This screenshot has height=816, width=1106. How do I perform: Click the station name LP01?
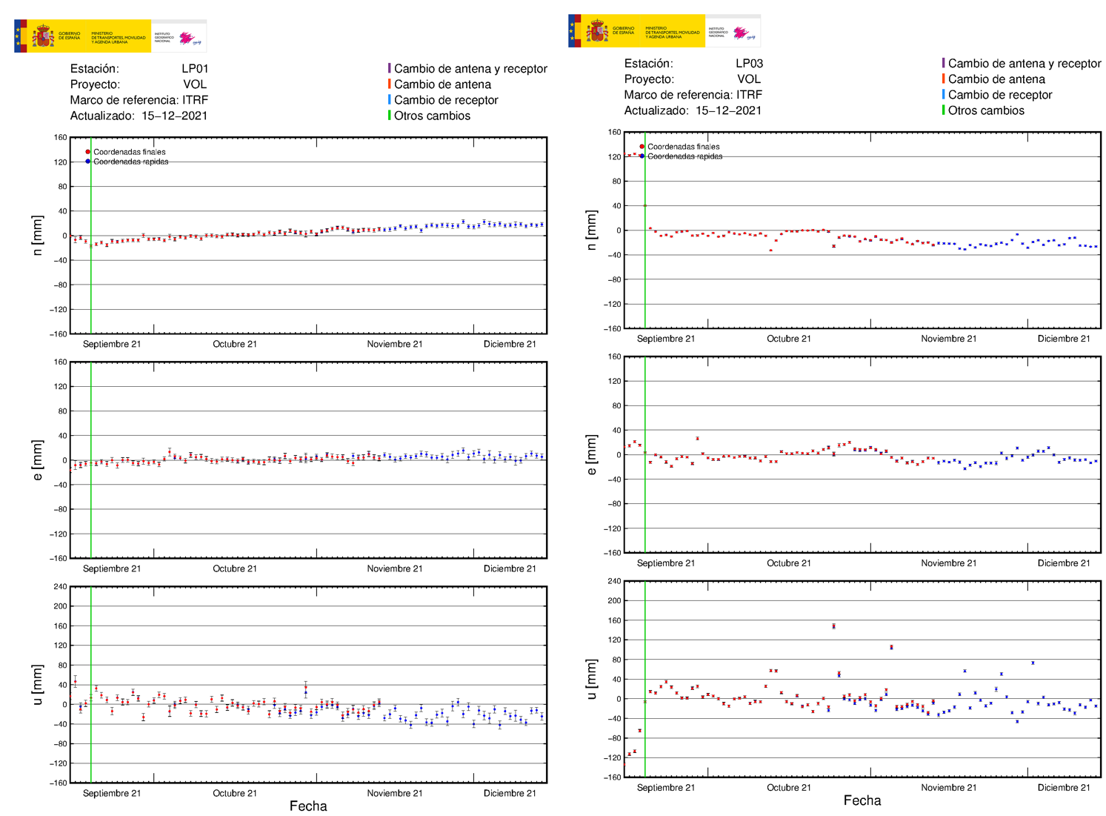[x=195, y=69]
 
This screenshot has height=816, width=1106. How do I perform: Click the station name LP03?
[x=749, y=64]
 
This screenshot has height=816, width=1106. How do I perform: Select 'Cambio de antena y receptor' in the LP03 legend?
[x=1024, y=64]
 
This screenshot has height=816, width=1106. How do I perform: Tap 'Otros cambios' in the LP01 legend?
[x=432, y=116]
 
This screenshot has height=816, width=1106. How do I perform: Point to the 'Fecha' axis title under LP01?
[x=308, y=806]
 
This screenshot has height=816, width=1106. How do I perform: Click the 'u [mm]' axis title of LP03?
[x=591, y=679]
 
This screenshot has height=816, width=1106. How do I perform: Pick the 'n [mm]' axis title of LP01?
[x=37, y=236]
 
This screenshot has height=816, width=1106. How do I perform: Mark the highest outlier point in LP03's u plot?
[x=833, y=626]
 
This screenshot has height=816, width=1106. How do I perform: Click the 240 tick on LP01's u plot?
[x=60, y=586]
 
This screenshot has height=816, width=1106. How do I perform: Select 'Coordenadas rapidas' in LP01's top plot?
[x=130, y=162]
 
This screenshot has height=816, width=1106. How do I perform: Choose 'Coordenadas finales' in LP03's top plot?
[x=683, y=147]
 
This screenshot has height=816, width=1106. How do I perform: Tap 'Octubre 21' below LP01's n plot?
[x=235, y=344]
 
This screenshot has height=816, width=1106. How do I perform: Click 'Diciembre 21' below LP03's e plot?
[x=1063, y=563]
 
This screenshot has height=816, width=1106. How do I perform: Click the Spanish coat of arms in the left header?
[x=42, y=36]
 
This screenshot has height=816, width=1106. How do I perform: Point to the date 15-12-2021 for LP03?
[x=728, y=110]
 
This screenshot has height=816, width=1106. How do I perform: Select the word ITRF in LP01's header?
[x=195, y=100]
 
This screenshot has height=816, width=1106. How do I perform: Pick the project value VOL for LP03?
[x=749, y=79]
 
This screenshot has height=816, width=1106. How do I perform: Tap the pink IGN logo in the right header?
[x=741, y=33]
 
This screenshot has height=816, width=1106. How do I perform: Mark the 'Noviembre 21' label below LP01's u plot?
[x=394, y=793]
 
